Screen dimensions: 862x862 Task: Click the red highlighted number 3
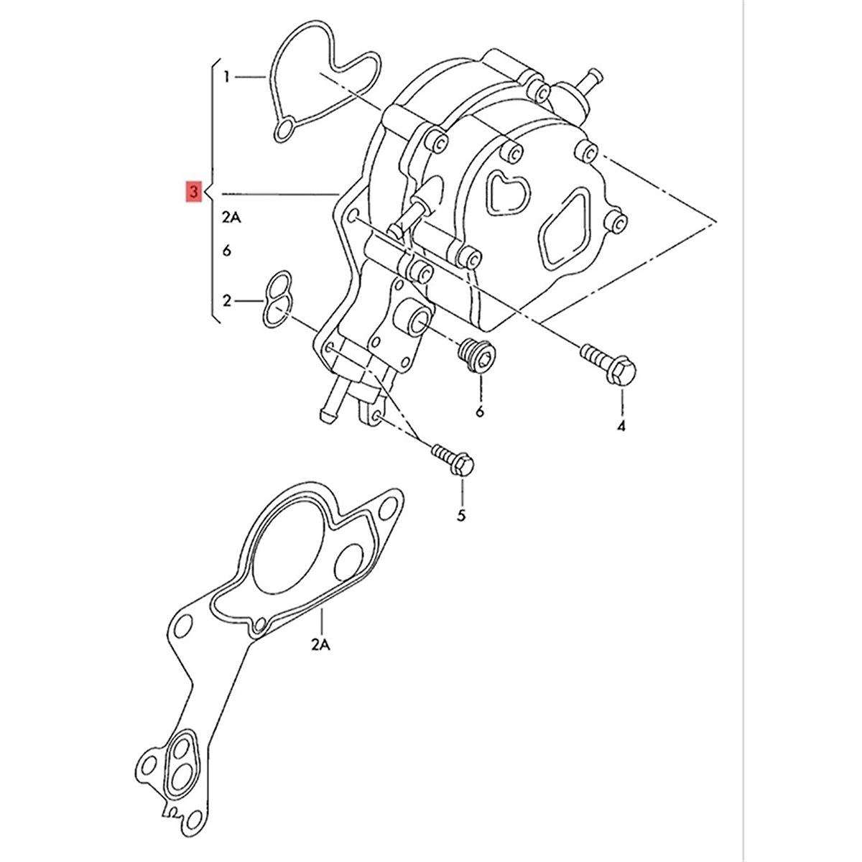(x=194, y=193)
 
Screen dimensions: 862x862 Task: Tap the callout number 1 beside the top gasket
(x=227, y=78)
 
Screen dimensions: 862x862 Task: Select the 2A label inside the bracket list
(x=232, y=218)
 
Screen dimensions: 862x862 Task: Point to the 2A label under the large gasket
(x=321, y=646)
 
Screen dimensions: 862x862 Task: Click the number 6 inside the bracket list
(x=227, y=251)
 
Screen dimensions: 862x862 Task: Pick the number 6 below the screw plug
(x=480, y=411)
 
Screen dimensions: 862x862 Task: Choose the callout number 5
(x=461, y=515)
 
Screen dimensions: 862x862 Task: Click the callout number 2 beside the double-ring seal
(x=227, y=301)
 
